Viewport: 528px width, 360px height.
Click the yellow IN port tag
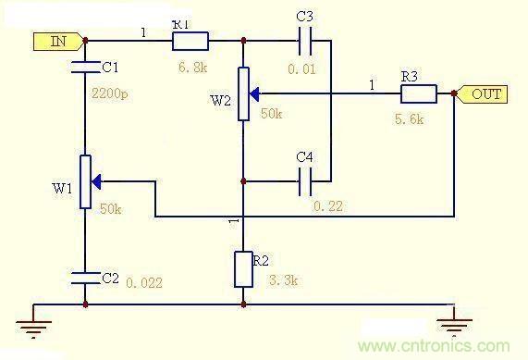(x=58, y=42)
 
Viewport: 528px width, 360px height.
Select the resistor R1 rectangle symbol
(x=190, y=41)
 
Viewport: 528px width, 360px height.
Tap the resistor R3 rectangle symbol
(x=419, y=93)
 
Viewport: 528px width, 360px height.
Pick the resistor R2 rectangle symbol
(x=243, y=269)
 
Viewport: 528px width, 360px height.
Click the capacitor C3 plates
(x=305, y=41)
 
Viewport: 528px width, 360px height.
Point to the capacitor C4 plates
(x=305, y=181)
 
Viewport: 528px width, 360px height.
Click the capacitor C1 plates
(x=85, y=67)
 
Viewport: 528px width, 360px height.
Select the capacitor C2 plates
(x=85, y=278)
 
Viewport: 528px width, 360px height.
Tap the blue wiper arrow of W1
(x=96, y=181)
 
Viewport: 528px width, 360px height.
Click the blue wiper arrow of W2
(x=254, y=94)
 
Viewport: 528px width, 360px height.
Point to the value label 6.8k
(x=192, y=68)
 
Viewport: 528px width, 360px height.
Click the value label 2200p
(x=110, y=93)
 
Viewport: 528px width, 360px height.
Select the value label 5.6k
(x=409, y=119)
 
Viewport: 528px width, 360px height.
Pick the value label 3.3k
(x=284, y=279)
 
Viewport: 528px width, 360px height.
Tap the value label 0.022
(x=144, y=282)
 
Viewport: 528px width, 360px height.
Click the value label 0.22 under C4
(x=328, y=206)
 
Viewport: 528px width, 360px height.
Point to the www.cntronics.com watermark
(x=434, y=346)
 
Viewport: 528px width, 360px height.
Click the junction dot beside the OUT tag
(x=454, y=93)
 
